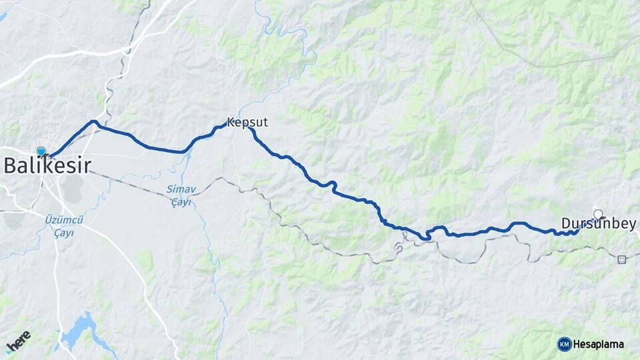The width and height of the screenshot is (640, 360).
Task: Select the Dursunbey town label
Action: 598,224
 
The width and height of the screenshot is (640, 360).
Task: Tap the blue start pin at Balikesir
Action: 41,152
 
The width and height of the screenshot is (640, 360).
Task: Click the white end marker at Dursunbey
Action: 598,214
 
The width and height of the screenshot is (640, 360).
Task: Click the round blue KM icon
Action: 564,344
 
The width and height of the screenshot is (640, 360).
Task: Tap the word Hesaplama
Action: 599,345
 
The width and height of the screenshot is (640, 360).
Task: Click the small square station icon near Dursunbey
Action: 622,259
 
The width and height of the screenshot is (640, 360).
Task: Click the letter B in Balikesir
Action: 10,165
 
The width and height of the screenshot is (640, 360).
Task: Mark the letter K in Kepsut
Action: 231,123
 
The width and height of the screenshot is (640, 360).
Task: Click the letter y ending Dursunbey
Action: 632,225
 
